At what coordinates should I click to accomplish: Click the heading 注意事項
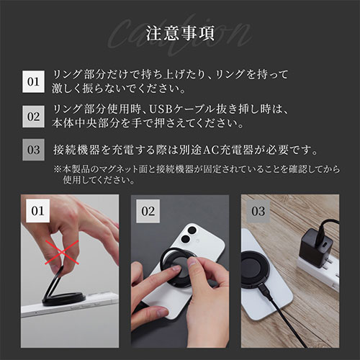(x=180, y=34)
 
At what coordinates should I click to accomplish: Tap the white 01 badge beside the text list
(x=33, y=81)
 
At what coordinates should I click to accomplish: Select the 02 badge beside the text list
(x=33, y=117)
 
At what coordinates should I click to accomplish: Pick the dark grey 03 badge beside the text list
(x=33, y=150)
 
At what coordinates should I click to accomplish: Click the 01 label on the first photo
(x=37, y=211)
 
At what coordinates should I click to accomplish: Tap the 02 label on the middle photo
(x=148, y=211)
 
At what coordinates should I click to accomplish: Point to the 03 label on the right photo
(x=258, y=211)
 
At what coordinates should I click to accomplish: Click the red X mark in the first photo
(x=62, y=252)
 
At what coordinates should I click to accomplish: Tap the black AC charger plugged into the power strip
(x=316, y=248)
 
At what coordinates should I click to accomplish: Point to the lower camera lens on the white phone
(x=184, y=239)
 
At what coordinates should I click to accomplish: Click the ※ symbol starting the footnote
(x=58, y=169)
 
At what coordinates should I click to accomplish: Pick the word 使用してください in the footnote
(x=99, y=180)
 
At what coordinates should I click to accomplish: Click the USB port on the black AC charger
(x=325, y=246)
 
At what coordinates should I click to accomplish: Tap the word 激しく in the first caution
(x=67, y=89)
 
